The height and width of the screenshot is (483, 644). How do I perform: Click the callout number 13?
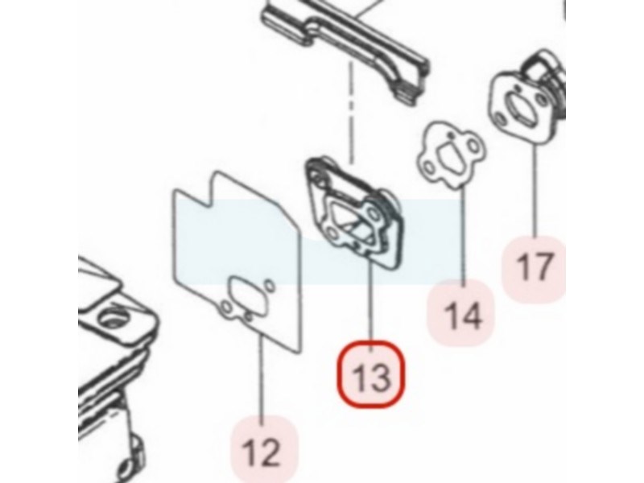pyautogui.click(x=371, y=378)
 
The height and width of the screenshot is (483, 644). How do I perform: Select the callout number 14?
pyautogui.click(x=463, y=316)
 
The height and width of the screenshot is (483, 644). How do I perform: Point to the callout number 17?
pyautogui.click(x=534, y=267)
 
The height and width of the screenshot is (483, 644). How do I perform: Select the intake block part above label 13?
pyautogui.click(x=354, y=213)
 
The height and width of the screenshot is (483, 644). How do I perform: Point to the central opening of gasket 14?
pyautogui.click(x=451, y=156)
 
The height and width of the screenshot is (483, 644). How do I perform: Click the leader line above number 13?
pyautogui.click(x=371, y=303)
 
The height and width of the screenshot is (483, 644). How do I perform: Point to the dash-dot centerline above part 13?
pyautogui.click(x=351, y=112)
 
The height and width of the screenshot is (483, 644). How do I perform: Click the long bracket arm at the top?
pyautogui.click(x=345, y=49)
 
